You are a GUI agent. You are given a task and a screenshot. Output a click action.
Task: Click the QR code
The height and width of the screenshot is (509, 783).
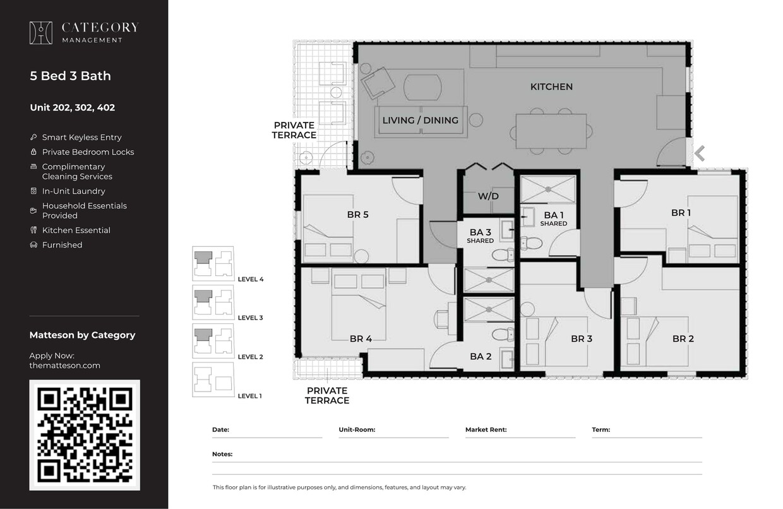85,434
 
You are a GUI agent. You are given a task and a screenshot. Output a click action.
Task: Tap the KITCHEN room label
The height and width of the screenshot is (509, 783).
551,87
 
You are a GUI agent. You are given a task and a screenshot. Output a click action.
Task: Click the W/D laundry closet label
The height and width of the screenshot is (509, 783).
488,196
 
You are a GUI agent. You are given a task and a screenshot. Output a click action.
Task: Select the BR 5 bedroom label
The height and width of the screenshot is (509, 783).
357,215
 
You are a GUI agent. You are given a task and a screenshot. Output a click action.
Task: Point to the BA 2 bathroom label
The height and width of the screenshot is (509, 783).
481,357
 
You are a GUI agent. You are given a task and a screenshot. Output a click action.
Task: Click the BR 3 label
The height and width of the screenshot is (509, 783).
581,339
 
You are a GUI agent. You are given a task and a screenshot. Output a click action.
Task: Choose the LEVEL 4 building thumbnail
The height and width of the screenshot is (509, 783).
213,263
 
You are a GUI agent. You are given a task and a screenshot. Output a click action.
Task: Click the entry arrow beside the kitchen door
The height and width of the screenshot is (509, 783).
700,153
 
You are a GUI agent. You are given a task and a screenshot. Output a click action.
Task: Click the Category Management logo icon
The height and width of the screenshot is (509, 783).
41,33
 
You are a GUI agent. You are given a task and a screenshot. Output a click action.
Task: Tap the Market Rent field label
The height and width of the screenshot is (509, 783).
486,430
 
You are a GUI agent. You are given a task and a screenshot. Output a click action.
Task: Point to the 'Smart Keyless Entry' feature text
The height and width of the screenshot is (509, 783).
81,137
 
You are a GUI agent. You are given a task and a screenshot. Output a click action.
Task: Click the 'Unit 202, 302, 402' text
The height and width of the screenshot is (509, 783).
72,107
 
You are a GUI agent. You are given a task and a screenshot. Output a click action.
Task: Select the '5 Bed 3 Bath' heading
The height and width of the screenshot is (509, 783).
70,76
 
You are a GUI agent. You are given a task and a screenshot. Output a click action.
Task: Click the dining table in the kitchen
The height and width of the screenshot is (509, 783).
551,131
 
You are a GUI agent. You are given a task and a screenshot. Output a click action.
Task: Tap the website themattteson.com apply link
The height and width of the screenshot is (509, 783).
64,366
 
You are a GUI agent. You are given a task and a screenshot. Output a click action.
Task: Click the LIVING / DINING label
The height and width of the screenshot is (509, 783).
421,120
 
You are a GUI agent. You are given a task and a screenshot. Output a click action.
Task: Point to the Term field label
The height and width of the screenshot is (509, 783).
601,430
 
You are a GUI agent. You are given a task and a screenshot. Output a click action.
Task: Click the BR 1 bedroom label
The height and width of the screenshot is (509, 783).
681,213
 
